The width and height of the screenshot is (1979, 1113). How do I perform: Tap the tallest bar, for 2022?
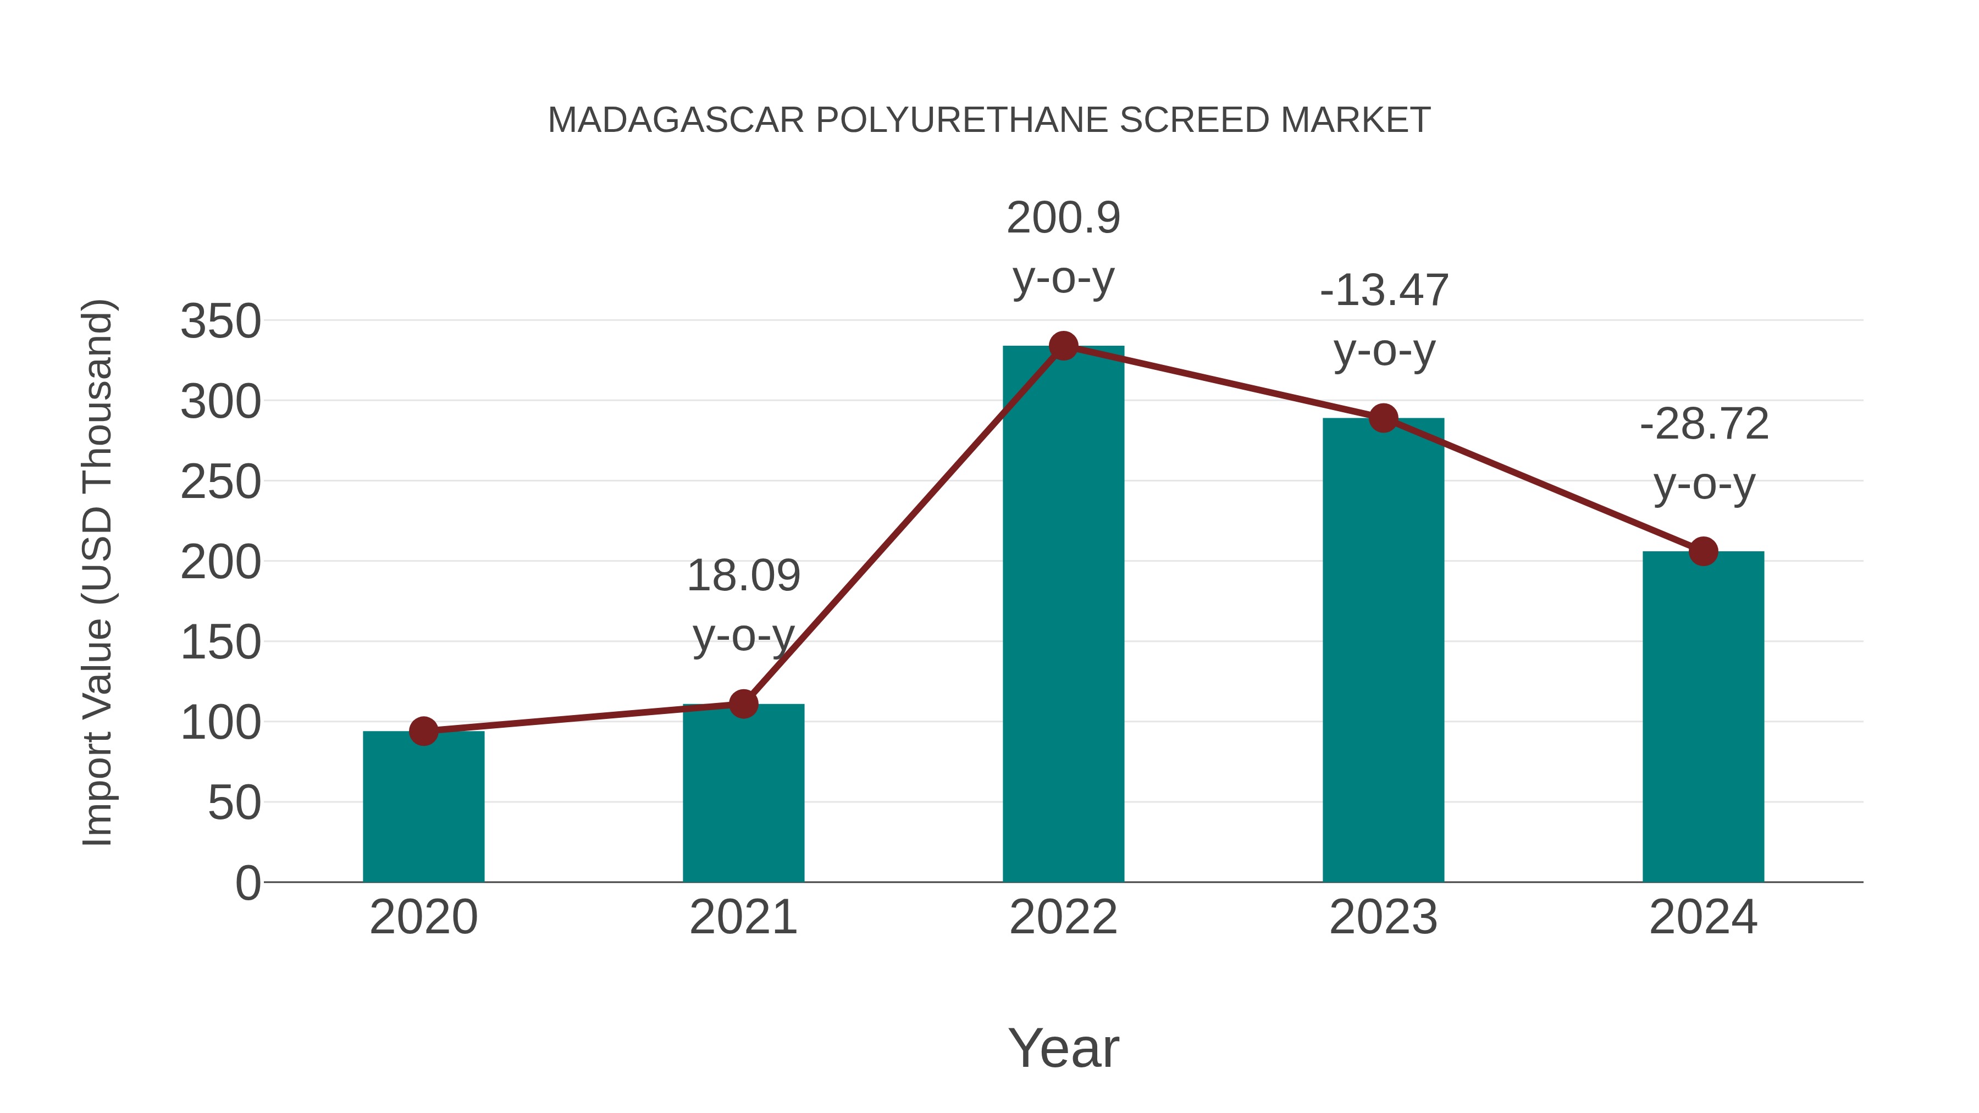[1063, 614]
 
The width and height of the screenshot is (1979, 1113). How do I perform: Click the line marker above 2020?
[423, 731]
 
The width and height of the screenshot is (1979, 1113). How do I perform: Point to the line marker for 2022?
[1063, 346]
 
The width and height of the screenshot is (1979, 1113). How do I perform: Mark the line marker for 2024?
[1703, 551]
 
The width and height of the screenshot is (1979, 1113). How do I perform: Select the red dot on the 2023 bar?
[1383, 418]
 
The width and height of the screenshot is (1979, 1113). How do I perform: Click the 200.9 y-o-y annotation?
[1063, 247]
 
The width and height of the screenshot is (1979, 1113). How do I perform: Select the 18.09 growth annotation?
[743, 605]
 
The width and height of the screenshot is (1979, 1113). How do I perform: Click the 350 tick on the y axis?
[220, 321]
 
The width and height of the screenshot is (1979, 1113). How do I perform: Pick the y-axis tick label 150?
[220, 642]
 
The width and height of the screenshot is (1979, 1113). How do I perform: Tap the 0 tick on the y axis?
[247, 883]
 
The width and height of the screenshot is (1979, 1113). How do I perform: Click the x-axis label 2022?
[1063, 917]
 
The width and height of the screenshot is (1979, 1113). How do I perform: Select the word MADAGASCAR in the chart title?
[676, 120]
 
